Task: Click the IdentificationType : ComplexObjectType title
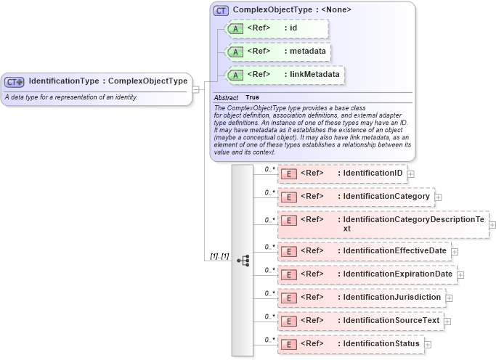tap(108, 81)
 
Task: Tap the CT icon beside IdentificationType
tap(15, 82)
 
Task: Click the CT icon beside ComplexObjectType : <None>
tap(221, 11)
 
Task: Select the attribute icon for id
tap(235, 28)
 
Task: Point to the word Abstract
tap(226, 97)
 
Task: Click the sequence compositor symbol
tap(243, 260)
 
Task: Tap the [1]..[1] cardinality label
tap(219, 256)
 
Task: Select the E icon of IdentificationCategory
tap(288, 197)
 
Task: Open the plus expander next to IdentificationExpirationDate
tap(460, 275)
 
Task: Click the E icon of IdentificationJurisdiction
tap(288, 298)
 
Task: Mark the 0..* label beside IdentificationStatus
tap(269, 339)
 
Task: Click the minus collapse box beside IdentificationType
tap(196, 89)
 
